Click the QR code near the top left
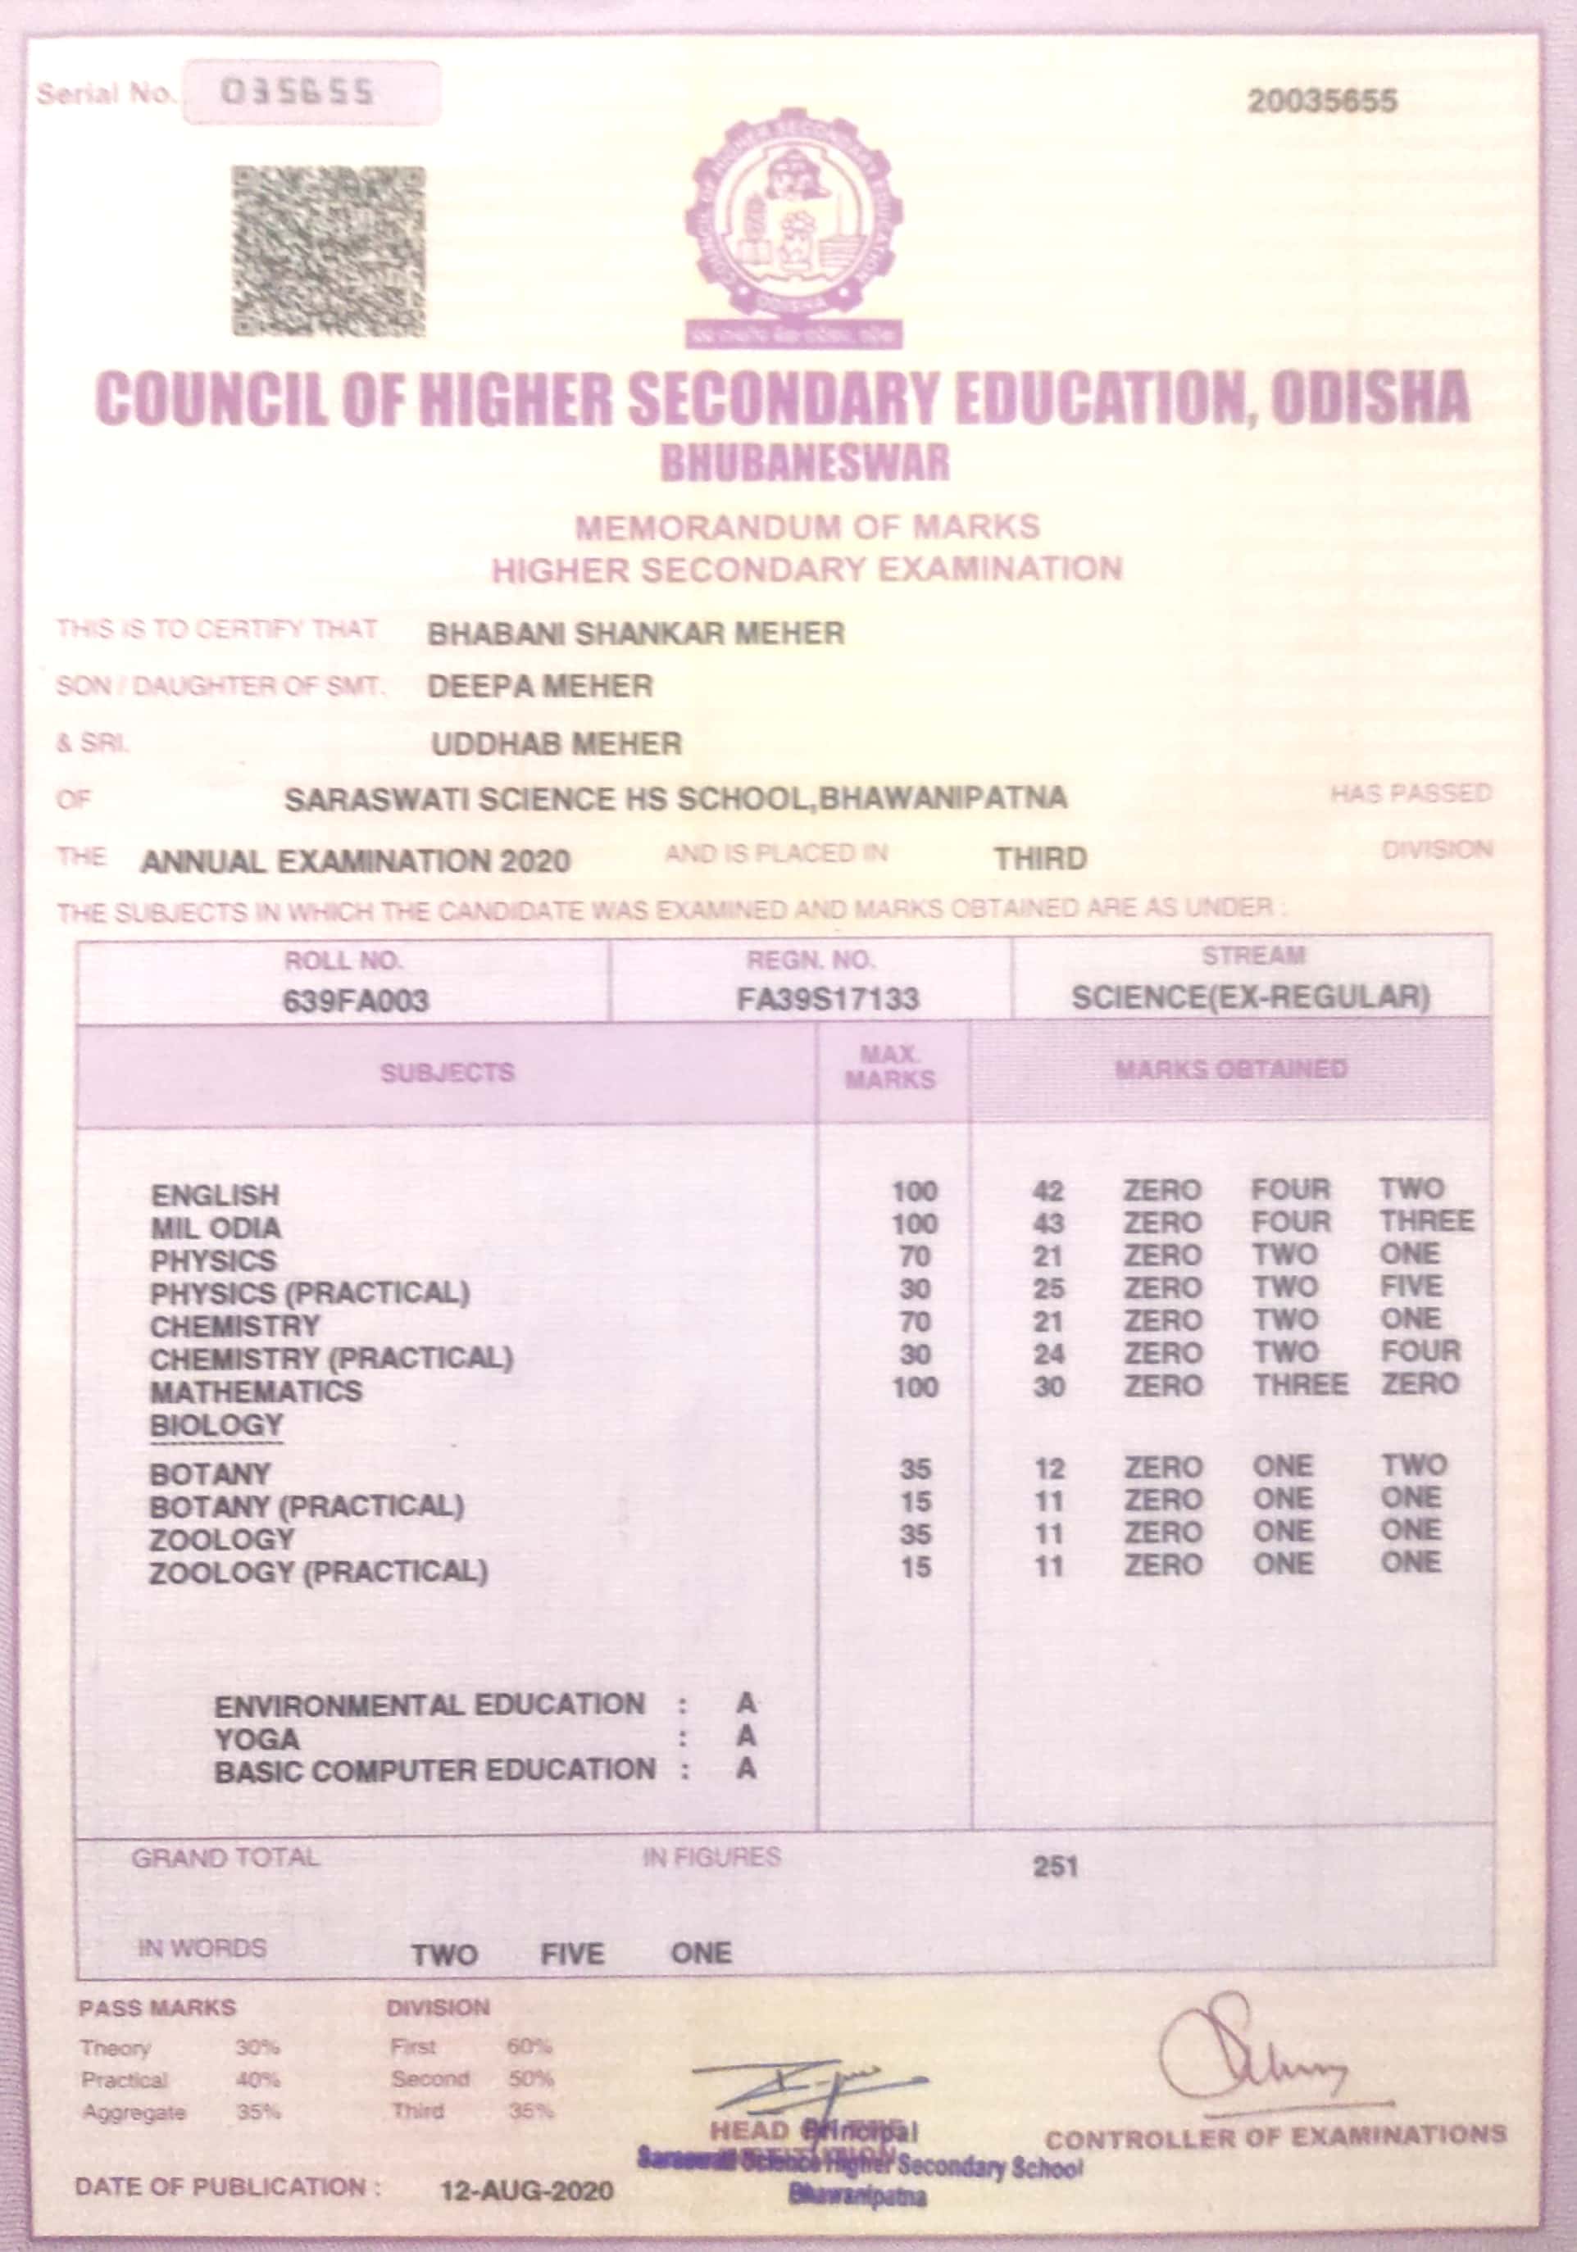(329, 251)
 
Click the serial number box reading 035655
(311, 93)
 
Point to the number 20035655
(1322, 101)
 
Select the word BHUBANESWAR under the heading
(805, 463)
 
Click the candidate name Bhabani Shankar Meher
(635, 633)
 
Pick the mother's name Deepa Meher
(540, 687)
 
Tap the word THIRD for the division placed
(1041, 859)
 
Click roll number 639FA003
(355, 1001)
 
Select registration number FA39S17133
(829, 1000)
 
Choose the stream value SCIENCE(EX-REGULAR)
(1251, 998)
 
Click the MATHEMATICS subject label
(256, 1391)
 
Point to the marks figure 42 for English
(1048, 1192)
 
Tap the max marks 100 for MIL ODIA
(914, 1224)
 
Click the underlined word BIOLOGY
(216, 1425)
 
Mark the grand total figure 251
(1055, 1867)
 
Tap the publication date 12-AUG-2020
(527, 2191)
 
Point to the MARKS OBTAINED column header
(1231, 1069)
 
